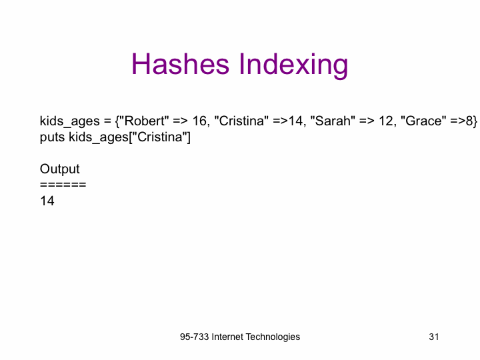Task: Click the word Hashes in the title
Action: point(180,64)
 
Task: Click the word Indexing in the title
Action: point(293,65)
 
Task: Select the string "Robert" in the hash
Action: point(145,121)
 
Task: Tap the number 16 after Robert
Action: point(199,121)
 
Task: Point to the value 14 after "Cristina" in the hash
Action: point(295,121)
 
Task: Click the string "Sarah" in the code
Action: point(333,121)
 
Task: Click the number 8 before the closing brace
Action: point(469,121)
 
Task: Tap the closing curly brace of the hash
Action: point(475,122)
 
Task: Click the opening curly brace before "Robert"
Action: point(117,122)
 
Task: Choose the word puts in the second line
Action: point(53,137)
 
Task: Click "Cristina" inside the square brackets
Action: point(159,137)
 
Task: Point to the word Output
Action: point(60,169)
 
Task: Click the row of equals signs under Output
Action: point(63,185)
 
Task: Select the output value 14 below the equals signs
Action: point(47,201)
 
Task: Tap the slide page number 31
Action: point(434,337)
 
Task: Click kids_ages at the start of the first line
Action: point(70,122)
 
